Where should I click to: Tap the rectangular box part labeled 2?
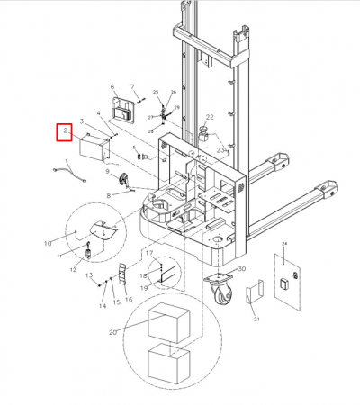(94, 147)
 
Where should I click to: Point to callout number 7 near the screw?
(133, 87)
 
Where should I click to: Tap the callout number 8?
(109, 194)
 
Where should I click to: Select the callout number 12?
(73, 269)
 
